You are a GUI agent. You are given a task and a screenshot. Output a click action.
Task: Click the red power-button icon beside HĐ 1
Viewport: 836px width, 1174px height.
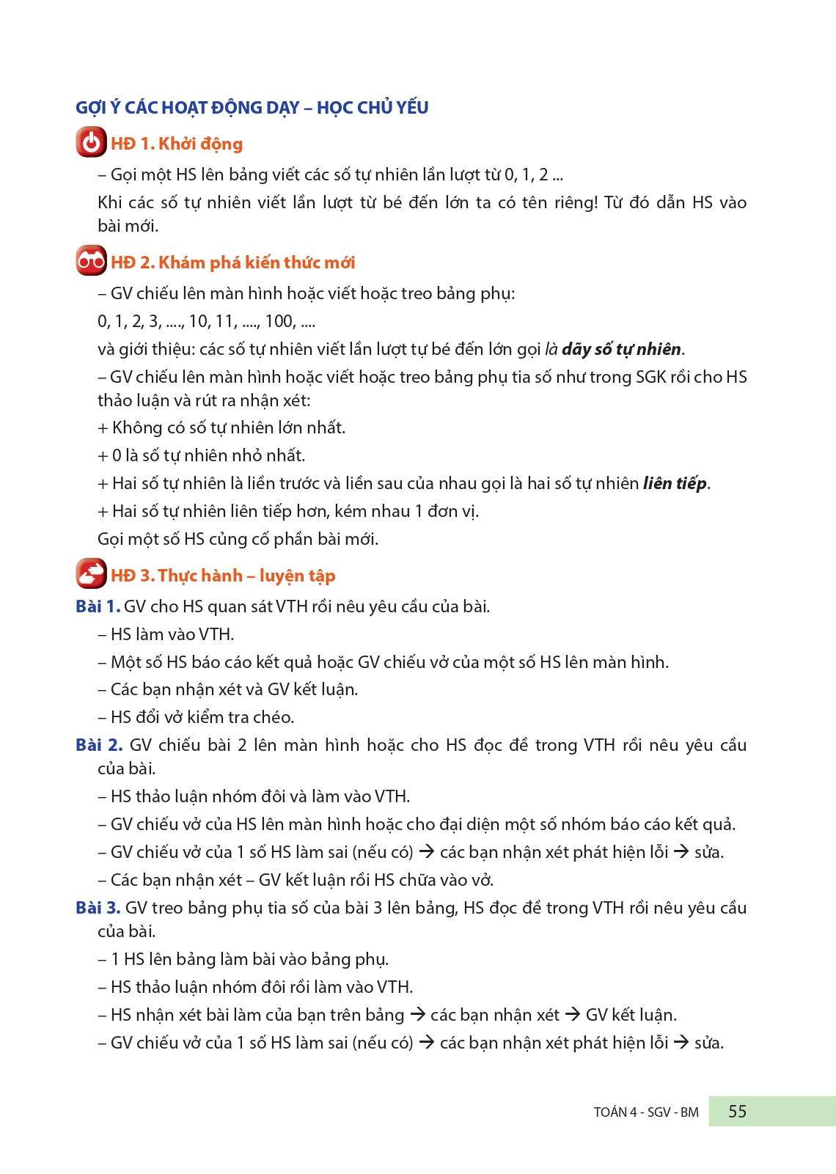pyautogui.click(x=91, y=142)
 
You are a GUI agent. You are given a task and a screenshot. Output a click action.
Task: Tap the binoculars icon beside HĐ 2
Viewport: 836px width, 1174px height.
pyautogui.click(x=91, y=261)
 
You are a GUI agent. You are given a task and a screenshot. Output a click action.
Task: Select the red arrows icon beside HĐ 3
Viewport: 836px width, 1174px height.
pyautogui.click(x=91, y=574)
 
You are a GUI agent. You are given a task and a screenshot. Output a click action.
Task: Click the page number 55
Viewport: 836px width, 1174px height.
pyautogui.click(x=737, y=1112)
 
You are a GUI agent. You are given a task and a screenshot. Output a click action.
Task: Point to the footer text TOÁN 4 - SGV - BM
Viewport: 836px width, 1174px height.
pyautogui.click(x=645, y=1112)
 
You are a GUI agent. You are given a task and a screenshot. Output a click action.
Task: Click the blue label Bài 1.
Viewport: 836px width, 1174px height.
pyautogui.click(x=98, y=606)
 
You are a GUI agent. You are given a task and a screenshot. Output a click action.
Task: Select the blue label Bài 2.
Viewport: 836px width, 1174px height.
pyautogui.click(x=98, y=745)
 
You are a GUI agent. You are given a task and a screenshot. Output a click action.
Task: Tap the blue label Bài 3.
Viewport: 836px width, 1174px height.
pyautogui.click(x=98, y=908)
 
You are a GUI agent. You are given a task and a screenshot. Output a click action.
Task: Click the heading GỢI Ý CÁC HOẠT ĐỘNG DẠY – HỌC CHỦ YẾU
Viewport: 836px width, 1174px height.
pyautogui.click(x=252, y=108)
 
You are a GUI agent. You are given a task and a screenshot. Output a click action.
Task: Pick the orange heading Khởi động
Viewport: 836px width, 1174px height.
pyautogui.click(x=200, y=144)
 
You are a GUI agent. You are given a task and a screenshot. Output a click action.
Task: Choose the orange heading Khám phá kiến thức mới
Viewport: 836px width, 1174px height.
pyautogui.click(x=256, y=263)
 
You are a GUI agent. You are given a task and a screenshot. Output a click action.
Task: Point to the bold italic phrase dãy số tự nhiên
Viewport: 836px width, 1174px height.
pyautogui.click(x=621, y=349)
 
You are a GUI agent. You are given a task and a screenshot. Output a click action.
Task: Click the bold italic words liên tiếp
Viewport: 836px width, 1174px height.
pyautogui.click(x=675, y=483)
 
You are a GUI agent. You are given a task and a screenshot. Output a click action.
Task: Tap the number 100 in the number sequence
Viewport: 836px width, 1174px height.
pyautogui.click(x=279, y=321)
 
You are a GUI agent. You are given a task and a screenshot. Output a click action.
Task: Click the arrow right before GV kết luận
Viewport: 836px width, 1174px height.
pyautogui.click(x=573, y=1014)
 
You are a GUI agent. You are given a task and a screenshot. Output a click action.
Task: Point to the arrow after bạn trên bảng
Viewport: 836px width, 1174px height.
pyautogui.click(x=417, y=1014)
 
